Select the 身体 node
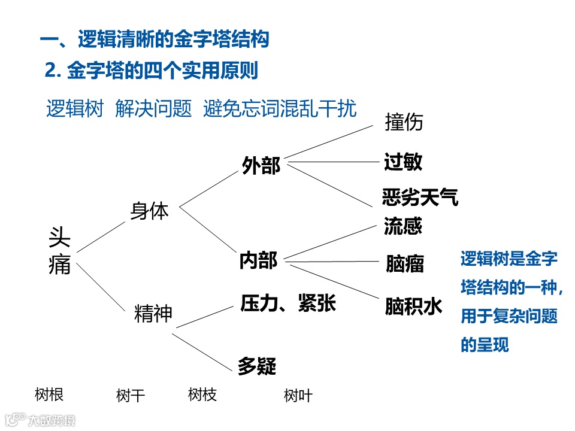150,211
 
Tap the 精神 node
153,314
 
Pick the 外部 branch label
261,166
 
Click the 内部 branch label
258,260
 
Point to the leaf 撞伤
404,122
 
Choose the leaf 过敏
403,162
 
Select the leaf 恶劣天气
420,197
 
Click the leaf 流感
402,226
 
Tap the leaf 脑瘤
405,264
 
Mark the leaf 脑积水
413,306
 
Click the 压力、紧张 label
288,303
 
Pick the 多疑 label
257,366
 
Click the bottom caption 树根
49,394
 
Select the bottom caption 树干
131,396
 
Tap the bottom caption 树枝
202,394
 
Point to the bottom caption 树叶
298,396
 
